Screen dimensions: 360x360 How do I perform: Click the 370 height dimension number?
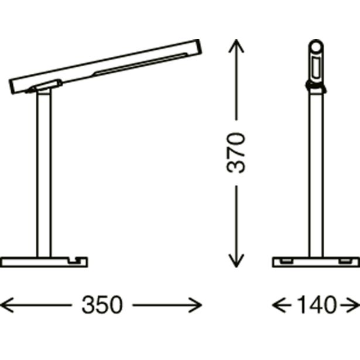[x=235, y=153]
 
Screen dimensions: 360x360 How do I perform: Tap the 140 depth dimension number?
[x=316, y=305]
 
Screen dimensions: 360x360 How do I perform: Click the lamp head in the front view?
[x=316, y=59]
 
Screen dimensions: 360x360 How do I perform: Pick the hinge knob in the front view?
[x=316, y=87]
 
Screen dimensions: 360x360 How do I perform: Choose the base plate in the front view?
[x=316, y=260]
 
